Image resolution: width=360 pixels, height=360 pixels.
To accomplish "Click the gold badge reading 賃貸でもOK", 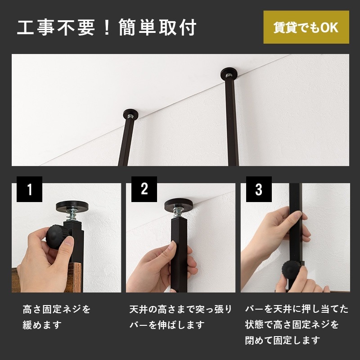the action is [306, 27].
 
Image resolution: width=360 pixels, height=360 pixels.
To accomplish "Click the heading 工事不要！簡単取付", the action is [107, 27].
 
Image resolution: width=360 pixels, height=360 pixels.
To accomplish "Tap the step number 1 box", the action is [29, 189].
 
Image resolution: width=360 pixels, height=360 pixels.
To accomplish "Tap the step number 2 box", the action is [144, 189].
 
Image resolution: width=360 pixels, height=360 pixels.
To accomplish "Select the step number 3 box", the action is [259, 189].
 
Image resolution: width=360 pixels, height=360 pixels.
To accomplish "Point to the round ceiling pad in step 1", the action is [72, 206].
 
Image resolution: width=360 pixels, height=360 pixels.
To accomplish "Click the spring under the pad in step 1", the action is [72, 216].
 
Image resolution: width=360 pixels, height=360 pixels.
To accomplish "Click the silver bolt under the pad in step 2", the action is [178, 213].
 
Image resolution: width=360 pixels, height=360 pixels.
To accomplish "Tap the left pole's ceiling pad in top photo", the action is [130, 114].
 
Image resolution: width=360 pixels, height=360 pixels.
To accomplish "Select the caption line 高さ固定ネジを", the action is [57, 309].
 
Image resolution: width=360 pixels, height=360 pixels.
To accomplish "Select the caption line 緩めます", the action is [42, 325].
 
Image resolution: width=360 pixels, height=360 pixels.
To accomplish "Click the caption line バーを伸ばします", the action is [167, 325].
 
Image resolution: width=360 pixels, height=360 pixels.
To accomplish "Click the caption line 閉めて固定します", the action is [282, 340].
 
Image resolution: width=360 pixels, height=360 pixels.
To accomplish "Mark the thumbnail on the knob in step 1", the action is [68, 240].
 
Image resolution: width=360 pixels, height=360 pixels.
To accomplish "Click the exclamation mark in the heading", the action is [107, 27].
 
